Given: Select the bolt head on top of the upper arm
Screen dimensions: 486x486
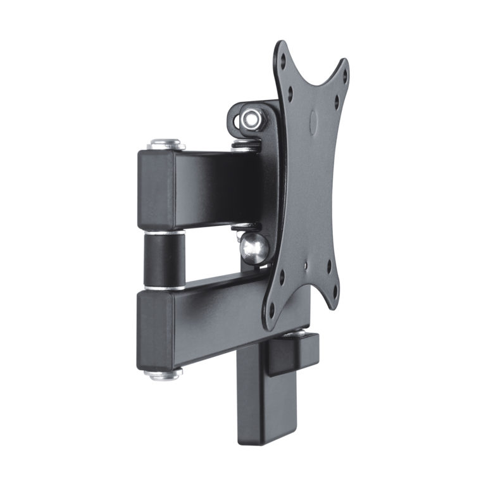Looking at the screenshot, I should (x=166, y=144).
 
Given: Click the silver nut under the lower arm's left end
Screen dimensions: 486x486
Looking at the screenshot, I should (x=163, y=373).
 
